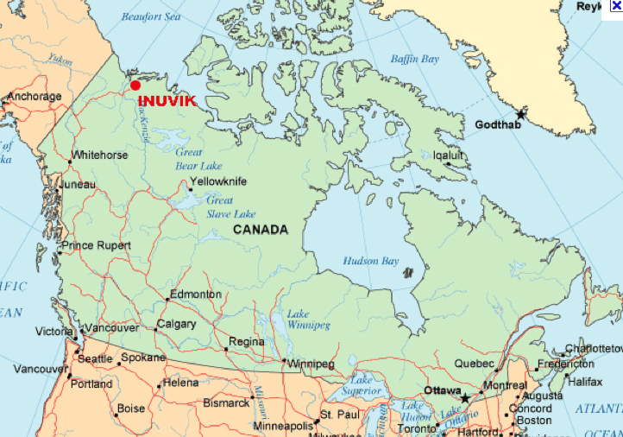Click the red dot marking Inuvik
[x=135, y=85]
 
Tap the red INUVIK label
[x=167, y=101]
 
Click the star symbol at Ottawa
[x=466, y=398]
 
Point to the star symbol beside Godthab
[x=520, y=114]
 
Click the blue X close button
[x=616, y=6]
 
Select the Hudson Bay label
[x=371, y=260]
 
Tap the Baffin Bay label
[x=415, y=60]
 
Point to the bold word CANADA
[x=260, y=230]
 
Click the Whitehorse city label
[x=99, y=155]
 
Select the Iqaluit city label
[x=449, y=155]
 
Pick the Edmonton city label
[x=195, y=294]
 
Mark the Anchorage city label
[x=35, y=97]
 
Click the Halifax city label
[x=585, y=381]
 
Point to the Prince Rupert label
[x=96, y=245]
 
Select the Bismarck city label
[x=226, y=402]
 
